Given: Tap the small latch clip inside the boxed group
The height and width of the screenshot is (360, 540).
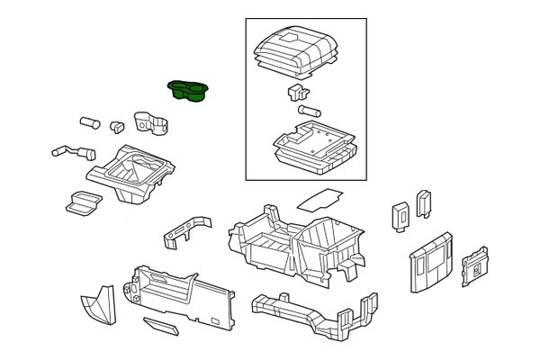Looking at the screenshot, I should tap(296, 92).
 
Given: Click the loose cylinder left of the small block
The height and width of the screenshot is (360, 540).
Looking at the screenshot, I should tap(88, 120).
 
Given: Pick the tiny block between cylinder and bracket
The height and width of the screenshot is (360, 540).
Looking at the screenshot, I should tap(116, 125).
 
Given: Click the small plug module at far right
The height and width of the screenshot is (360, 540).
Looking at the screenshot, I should tap(473, 264).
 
